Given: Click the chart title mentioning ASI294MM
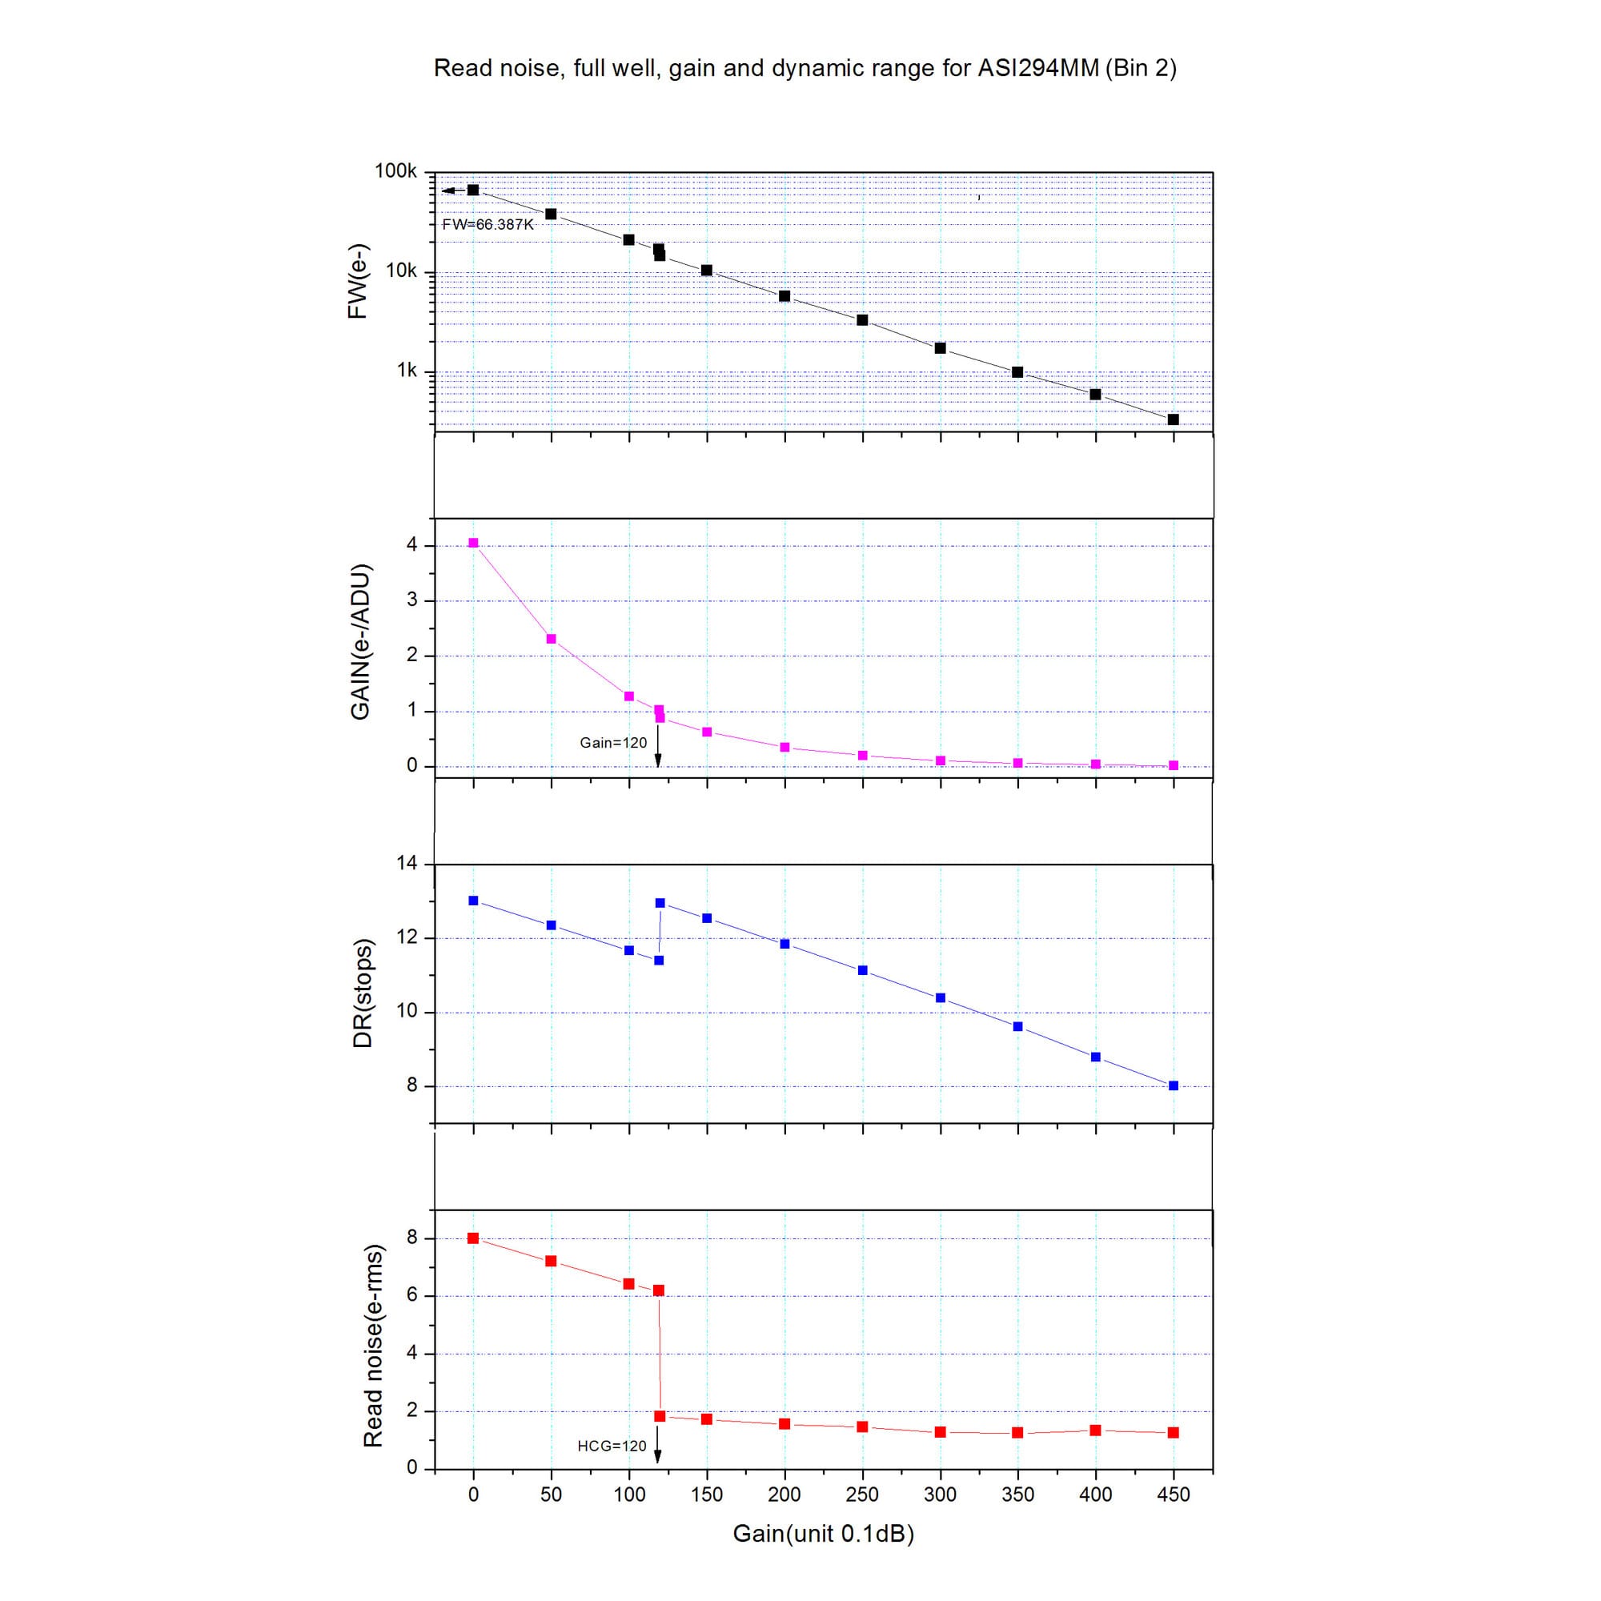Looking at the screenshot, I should click(805, 68).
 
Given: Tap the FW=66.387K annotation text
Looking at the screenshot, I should click(488, 225).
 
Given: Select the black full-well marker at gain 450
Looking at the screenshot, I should click(1173, 419).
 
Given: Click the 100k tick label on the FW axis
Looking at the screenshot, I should click(395, 171).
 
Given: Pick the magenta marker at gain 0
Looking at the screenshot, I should click(473, 543).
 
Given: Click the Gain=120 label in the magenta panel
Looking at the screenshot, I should click(612, 743).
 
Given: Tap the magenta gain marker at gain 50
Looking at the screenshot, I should click(551, 639).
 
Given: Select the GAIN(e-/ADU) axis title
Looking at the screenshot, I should click(360, 642).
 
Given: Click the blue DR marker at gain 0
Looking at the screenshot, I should click(473, 900).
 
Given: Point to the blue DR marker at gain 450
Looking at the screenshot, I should click(1173, 1085).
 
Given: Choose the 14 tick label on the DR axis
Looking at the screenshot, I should click(407, 864).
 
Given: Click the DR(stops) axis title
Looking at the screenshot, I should click(362, 993).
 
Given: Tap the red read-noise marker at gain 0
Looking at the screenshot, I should click(473, 1238).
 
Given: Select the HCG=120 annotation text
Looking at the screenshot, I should click(612, 1446).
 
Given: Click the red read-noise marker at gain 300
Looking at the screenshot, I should click(940, 1432).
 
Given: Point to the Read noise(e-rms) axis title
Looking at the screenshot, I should click(373, 1346).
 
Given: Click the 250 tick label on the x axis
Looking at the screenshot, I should click(862, 1495).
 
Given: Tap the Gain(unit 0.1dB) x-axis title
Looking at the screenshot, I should click(823, 1534).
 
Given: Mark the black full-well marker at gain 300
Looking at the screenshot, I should click(940, 348).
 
